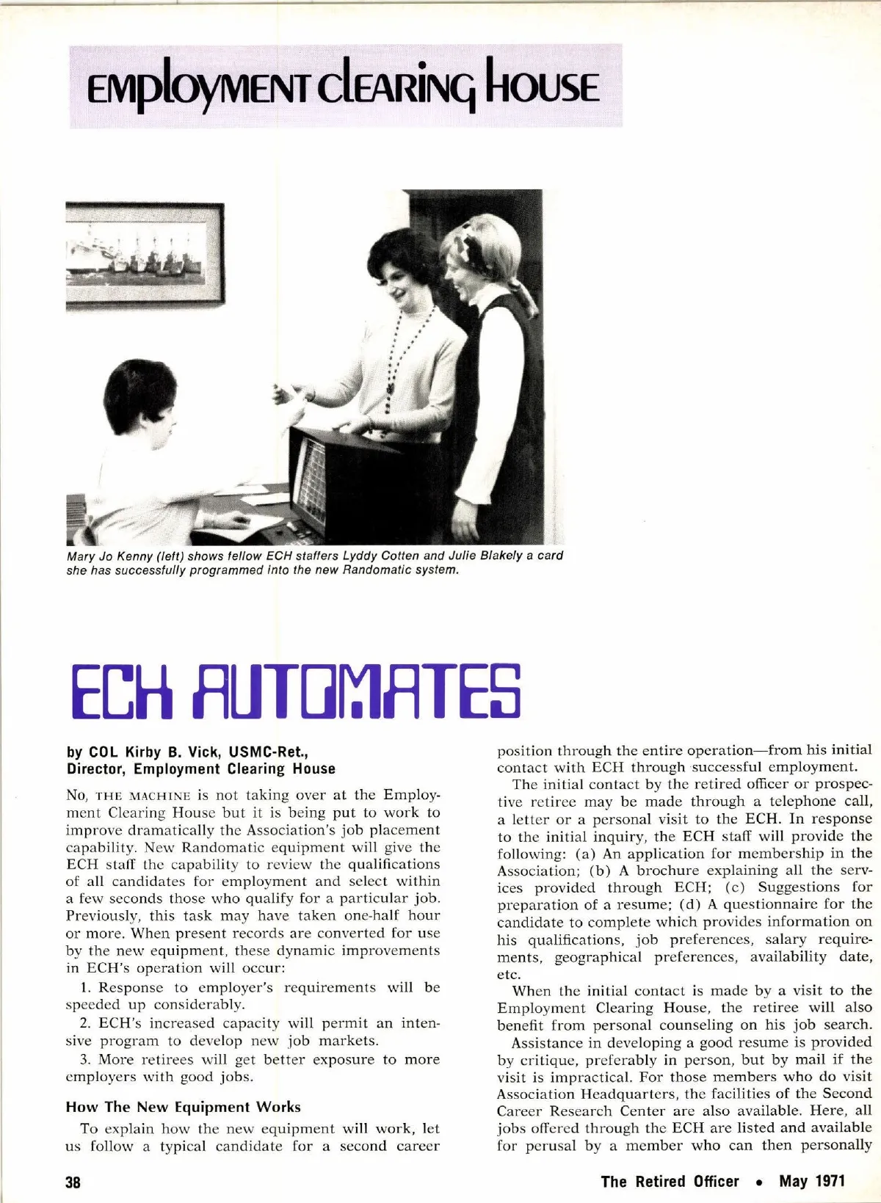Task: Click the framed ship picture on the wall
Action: tap(144, 254)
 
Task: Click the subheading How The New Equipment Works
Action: tap(183, 1107)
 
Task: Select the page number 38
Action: tap(73, 1182)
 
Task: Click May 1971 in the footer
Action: tap(812, 1181)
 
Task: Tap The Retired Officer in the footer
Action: tap(670, 1181)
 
